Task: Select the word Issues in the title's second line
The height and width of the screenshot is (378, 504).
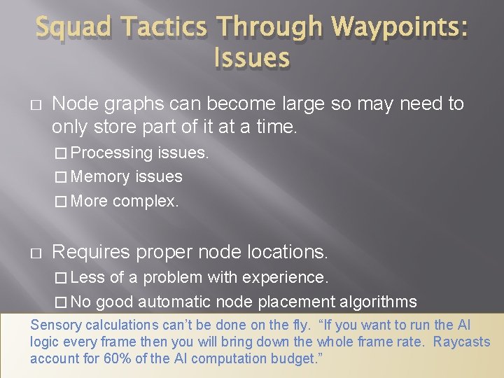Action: (251, 57)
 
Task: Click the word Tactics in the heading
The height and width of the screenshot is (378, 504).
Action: (162, 29)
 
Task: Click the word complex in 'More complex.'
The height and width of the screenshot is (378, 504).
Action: (146, 202)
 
